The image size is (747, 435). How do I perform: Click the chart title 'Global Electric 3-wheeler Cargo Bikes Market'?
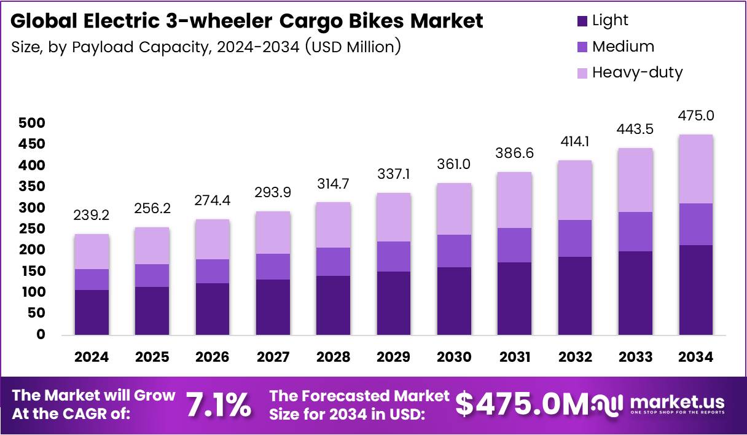(247, 21)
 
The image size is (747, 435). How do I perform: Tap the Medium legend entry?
(622, 47)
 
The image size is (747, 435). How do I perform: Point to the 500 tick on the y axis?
(32, 123)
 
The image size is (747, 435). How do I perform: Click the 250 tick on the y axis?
(32, 229)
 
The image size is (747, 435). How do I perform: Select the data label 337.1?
(394, 176)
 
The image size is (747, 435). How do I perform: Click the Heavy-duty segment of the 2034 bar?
(696, 169)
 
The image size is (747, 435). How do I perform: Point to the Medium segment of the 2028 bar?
(333, 262)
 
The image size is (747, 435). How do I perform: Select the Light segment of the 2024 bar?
(92, 312)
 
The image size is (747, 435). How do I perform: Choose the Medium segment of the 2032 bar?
(575, 238)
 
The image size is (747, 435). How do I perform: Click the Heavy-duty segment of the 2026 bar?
(213, 240)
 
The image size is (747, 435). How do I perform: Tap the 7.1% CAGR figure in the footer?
(218, 405)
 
